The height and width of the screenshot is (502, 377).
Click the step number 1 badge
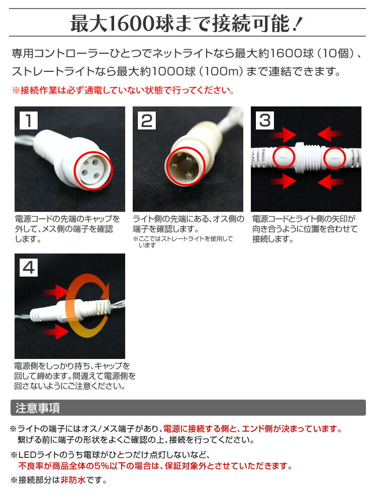click(29, 120)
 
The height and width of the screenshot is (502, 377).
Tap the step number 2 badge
click(147, 120)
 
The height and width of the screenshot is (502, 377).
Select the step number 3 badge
click(265, 120)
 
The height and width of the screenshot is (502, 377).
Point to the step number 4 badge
click(29, 268)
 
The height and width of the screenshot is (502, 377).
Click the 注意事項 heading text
click(38, 408)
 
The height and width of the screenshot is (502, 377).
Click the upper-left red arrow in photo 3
click(283, 134)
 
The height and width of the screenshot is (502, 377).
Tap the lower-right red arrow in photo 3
click(330, 182)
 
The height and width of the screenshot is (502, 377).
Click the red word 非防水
click(73, 480)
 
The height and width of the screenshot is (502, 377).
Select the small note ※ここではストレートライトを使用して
click(183, 239)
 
